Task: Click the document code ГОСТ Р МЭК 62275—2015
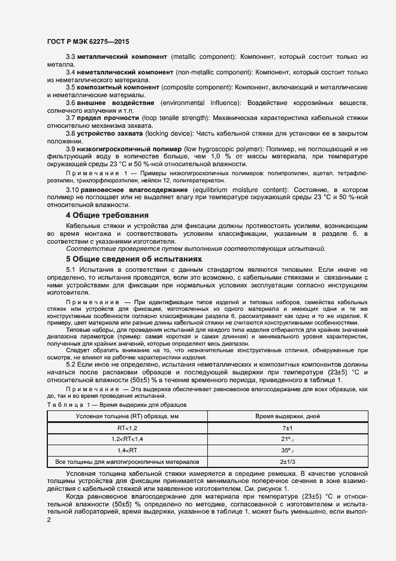(x=87, y=43)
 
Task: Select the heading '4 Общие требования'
(x=108, y=215)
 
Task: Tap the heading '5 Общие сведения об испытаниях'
(x=134, y=259)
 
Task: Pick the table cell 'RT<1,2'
(x=127, y=428)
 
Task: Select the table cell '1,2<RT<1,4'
(x=127, y=439)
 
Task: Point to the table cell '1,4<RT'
(x=127, y=450)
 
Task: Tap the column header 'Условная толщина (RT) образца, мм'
(x=127, y=416)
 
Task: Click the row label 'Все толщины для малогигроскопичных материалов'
(x=127, y=461)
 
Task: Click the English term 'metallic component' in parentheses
(x=202, y=56)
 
